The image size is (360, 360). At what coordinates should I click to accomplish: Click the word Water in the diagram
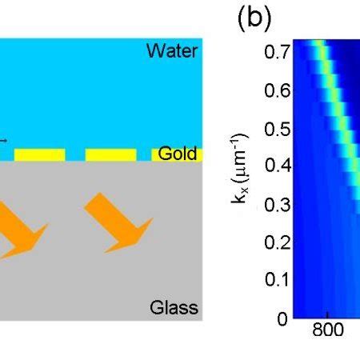point(171,52)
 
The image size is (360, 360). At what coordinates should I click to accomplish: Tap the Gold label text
point(177,154)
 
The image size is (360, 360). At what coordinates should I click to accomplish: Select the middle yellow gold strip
point(110,154)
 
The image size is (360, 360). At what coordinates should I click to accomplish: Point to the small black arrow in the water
point(3,141)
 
